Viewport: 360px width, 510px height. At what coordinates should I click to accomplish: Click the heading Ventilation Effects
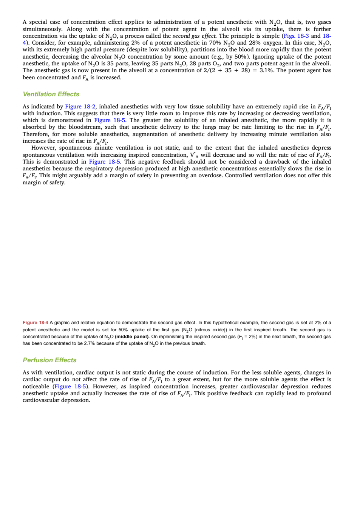[x=51, y=94]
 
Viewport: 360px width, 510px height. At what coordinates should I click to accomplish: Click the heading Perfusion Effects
[x=49, y=360]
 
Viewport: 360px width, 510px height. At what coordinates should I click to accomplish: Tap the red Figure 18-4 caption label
[x=35, y=323]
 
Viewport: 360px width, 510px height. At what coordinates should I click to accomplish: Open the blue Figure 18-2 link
[x=80, y=107]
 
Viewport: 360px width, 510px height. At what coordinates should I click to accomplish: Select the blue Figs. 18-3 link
[x=296, y=36]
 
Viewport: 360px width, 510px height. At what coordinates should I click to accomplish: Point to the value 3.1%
[x=267, y=70]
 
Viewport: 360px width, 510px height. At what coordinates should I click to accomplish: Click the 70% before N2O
[x=215, y=43]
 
